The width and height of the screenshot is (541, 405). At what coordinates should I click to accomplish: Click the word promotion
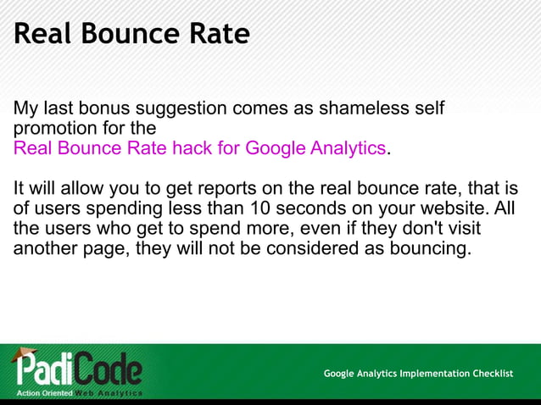pyautogui.click(x=53, y=130)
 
